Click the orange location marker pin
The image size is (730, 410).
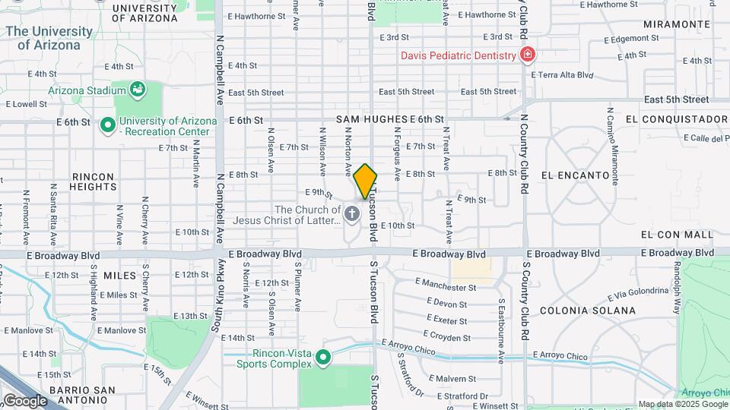click(365, 181)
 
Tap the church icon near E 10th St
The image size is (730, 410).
click(351, 215)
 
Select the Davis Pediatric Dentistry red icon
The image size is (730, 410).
click(526, 55)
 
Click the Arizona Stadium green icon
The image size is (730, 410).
click(137, 90)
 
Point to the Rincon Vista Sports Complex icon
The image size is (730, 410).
click(323, 356)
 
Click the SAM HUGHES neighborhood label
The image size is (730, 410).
click(371, 119)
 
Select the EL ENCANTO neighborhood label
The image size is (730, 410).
click(576, 175)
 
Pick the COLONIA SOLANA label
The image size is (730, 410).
click(587, 311)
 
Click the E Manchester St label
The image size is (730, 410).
click(446, 287)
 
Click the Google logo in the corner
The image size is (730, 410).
click(25, 400)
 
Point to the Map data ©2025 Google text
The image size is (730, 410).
click(682, 405)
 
